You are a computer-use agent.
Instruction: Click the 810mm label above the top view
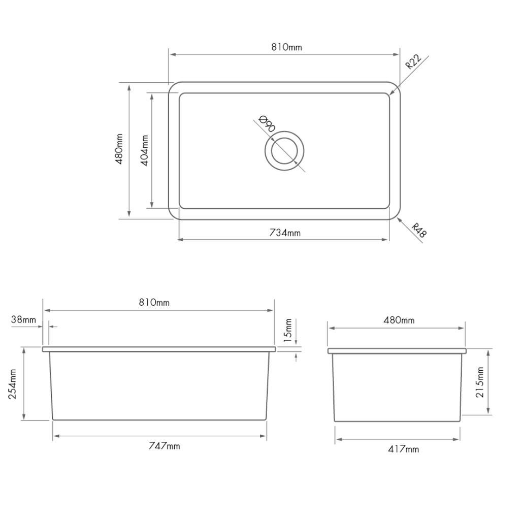[286, 47]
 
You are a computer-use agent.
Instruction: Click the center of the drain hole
[284, 151]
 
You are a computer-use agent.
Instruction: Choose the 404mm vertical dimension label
[144, 150]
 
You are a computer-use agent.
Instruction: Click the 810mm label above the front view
[154, 303]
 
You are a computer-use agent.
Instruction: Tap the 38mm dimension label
[23, 320]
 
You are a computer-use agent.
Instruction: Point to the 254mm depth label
[13, 384]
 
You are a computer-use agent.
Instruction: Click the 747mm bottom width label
[164, 446]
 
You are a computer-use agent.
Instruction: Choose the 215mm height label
[480, 382]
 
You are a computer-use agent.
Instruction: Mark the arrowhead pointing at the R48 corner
[399, 219]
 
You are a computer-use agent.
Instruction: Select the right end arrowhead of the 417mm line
[458, 439]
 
